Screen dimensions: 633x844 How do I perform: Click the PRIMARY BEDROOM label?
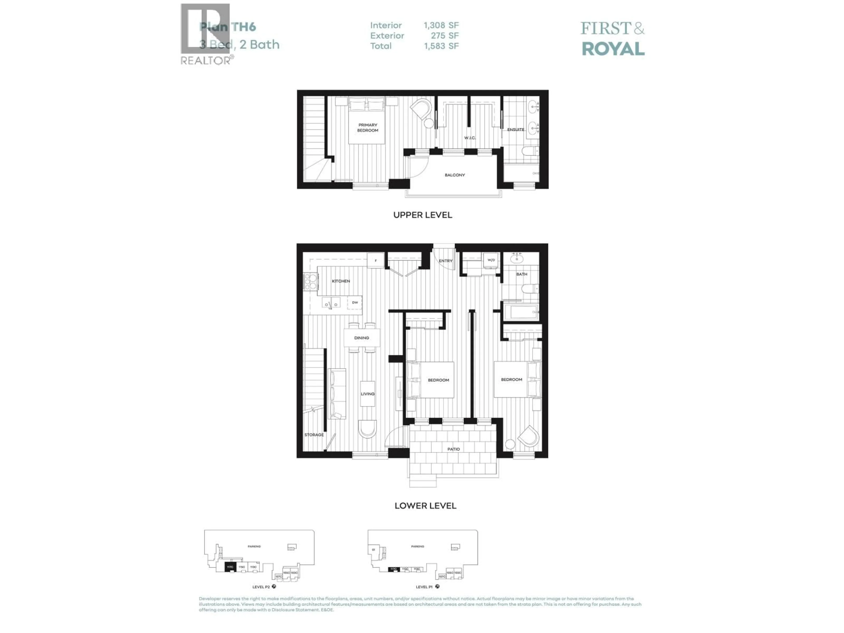367,127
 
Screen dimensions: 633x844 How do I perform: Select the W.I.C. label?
470,138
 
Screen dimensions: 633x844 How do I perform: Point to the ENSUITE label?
515,130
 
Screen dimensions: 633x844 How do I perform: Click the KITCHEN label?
341,281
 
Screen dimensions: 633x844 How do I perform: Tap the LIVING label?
367,394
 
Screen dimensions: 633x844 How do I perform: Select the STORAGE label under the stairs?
314,435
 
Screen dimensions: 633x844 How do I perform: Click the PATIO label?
453,449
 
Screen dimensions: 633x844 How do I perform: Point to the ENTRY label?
445,261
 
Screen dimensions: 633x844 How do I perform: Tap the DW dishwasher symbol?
355,303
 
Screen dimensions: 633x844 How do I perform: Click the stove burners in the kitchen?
311,281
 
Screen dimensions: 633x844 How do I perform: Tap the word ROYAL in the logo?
613,49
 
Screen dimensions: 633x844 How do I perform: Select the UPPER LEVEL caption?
422,215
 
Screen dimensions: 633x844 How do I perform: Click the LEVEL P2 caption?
261,587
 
